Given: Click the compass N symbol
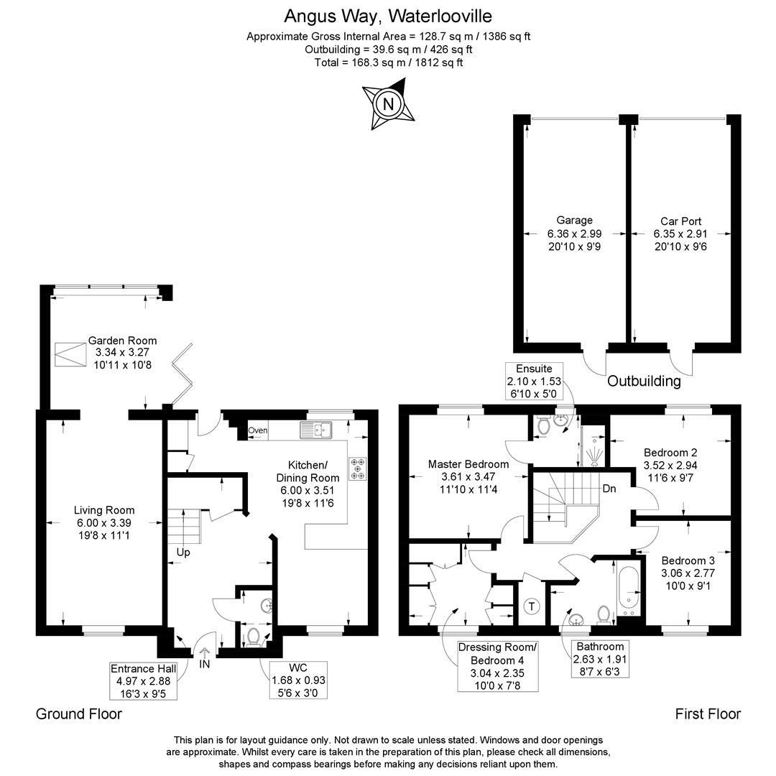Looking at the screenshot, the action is coord(388,104).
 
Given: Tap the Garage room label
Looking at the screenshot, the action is coord(574,221).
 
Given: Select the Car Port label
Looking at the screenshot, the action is coord(680,221).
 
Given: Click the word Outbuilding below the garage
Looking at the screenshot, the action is coord(644,381).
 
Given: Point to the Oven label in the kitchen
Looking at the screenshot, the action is coord(257,430).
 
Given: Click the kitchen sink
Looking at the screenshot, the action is coord(316,430).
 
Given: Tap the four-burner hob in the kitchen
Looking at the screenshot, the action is coord(358,468).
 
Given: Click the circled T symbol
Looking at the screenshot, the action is coord(532,606).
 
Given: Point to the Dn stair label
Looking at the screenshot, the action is coord(609,489).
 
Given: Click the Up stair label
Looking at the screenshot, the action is coord(183,553).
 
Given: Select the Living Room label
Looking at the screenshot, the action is coord(104,510).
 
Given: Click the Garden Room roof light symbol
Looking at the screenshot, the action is coord(70,354).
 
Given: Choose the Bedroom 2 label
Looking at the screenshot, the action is coord(670,453).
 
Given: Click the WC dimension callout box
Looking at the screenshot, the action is coord(298,680).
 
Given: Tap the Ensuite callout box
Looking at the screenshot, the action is coord(534,382).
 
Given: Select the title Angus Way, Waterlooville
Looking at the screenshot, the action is coord(388,17).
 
